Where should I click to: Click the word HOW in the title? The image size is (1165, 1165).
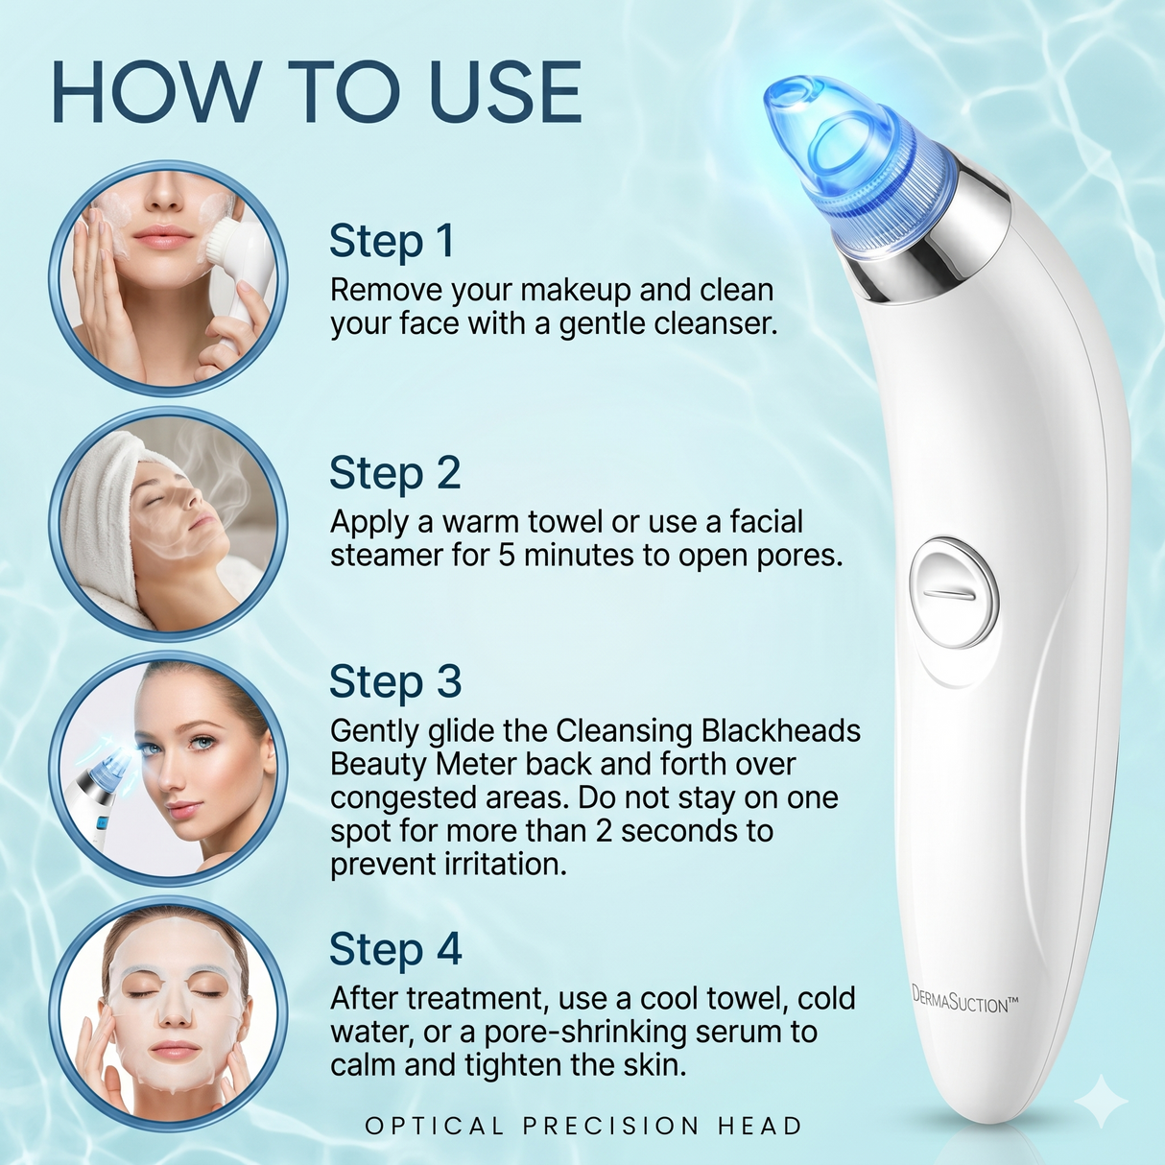pyautogui.click(x=154, y=92)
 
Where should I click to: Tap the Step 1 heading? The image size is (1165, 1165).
pyautogui.click(x=392, y=242)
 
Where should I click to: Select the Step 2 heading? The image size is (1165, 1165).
pyautogui.click(x=394, y=473)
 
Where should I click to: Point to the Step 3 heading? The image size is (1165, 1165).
pyautogui.click(x=395, y=682)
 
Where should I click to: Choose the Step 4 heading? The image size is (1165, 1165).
pyautogui.click(x=395, y=950)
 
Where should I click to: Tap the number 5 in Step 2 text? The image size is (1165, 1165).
pyautogui.click(x=507, y=556)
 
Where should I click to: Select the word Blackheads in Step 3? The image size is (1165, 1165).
pyautogui.click(x=780, y=731)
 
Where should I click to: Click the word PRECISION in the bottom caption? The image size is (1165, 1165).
pyautogui.click(x=611, y=1126)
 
